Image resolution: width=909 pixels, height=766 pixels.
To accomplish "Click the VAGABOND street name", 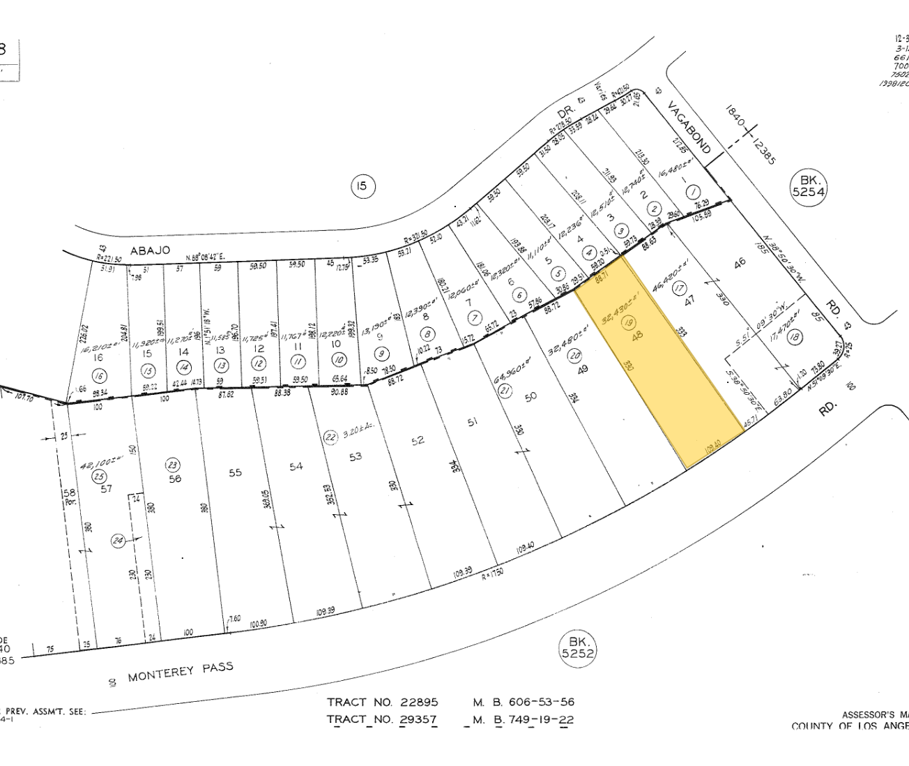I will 689,128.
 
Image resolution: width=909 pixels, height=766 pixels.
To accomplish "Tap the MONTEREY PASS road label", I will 180,671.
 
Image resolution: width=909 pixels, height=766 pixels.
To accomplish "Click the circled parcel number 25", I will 100,476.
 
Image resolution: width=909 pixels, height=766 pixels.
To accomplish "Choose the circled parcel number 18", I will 793,337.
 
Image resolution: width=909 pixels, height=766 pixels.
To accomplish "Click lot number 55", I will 235,472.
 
